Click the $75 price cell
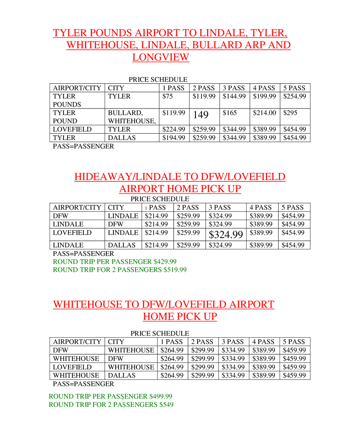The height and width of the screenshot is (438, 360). tap(167, 96)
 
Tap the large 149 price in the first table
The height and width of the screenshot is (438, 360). tap(201, 115)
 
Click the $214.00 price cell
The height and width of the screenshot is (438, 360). tap(264, 113)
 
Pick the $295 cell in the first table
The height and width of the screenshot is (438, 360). tap(291, 113)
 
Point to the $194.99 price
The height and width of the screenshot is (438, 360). tap(174, 138)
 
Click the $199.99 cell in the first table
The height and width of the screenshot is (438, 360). tap(264, 96)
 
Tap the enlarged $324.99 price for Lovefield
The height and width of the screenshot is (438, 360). tap(225, 235)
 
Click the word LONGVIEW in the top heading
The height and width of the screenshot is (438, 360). tap(161, 57)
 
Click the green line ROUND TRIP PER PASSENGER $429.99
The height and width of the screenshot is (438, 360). tap(115, 262)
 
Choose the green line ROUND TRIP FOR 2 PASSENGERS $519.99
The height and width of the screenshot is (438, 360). tap(120, 270)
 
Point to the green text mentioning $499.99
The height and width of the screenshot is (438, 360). tap(110, 396)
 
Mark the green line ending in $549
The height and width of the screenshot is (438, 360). tap(111, 405)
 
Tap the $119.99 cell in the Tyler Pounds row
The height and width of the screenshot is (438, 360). tap(204, 96)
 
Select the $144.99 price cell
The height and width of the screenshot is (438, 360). tap(234, 96)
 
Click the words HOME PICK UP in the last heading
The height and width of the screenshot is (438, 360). tap(180, 316)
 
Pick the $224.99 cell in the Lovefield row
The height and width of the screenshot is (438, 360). tap(174, 130)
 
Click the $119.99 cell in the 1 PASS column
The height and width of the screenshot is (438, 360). tap(174, 113)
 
